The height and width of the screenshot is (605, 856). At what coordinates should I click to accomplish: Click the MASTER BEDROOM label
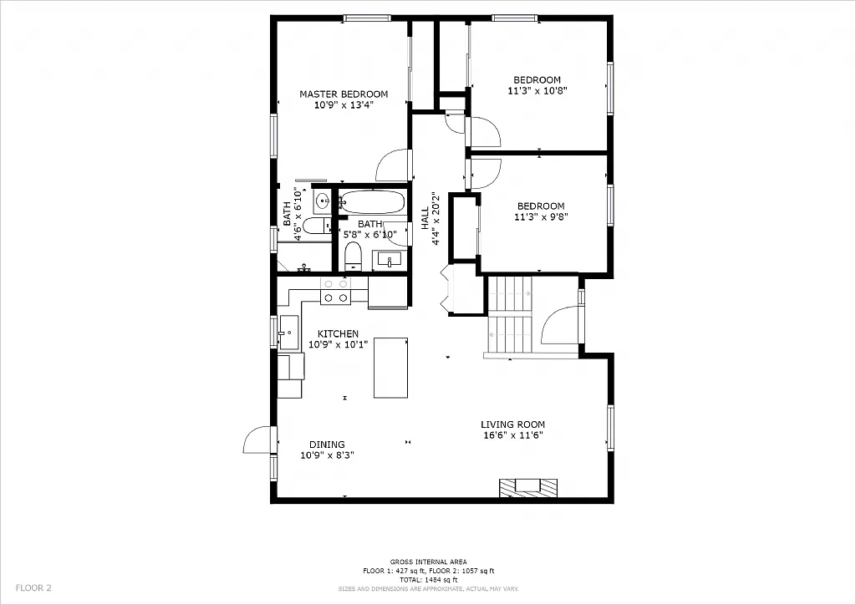344,94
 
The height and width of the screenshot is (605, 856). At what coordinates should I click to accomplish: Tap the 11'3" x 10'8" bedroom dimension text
537,91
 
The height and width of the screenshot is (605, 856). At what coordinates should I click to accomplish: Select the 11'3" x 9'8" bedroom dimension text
540,217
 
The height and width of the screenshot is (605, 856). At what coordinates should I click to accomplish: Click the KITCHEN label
338,333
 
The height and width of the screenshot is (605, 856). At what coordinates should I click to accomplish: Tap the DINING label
327,445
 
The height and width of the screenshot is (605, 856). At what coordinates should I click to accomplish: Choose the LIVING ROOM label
512,425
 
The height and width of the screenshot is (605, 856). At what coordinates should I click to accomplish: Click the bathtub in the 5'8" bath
373,203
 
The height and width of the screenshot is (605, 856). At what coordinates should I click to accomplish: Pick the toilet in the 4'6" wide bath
316,226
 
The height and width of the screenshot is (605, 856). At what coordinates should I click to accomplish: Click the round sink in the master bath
322,201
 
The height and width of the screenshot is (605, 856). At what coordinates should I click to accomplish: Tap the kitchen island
390,368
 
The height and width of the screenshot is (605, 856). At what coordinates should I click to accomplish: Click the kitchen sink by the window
289,332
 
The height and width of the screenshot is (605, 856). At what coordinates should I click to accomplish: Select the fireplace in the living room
527,486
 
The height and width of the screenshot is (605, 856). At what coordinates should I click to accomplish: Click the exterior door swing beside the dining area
257,440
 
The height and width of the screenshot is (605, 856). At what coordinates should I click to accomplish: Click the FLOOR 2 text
33,587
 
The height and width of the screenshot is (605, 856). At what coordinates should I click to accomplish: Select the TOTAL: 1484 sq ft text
428,579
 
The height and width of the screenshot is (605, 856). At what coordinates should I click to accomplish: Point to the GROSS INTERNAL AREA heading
428,562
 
